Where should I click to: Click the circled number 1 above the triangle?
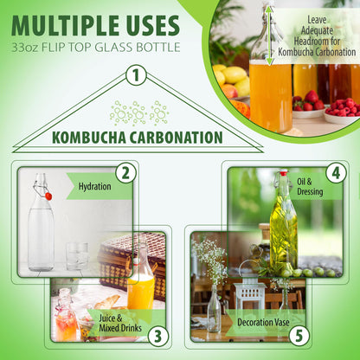[136, 75]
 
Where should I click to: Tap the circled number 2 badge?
[125, 174]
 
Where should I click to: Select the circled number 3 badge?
[157, 337]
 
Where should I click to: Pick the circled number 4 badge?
[336, 173]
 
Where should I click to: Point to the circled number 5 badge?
[299, 336]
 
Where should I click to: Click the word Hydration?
[94, 186]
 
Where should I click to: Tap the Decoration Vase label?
[263, 322]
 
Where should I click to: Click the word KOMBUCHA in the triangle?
[89, 138]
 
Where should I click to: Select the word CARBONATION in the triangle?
[177, 138]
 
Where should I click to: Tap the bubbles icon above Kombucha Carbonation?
[139, 113]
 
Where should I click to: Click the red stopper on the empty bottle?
[48, 196]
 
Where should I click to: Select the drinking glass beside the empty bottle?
[77, 256]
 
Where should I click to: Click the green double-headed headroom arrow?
[269, 35]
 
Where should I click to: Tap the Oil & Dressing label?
[310, 187]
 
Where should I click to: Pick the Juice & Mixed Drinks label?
[120, 323]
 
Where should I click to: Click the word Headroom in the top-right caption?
[317, 41]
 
